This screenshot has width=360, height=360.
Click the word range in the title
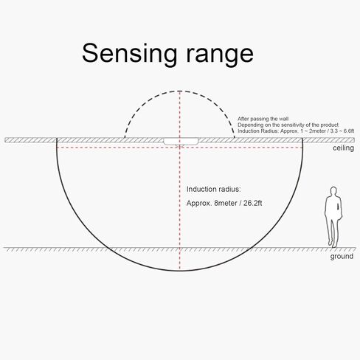pos(220,55)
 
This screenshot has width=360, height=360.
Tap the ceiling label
pos(343,148)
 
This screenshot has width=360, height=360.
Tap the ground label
pos(342,257)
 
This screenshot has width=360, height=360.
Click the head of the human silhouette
pos(333,191)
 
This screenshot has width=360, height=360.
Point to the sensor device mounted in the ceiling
pos(181,142)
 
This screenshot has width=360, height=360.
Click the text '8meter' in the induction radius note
pos(226,204)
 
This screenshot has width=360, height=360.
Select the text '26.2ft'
pos(253,204)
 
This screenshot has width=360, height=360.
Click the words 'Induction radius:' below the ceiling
pos(213,190)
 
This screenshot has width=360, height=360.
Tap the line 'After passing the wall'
pos(263,119)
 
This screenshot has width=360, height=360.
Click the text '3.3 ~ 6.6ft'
pos(342,131)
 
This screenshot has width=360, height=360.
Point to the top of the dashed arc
pos(180,91)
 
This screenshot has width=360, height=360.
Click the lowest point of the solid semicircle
pos(180,271)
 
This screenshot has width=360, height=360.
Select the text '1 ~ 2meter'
pos(313,131)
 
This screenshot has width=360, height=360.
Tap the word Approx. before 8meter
pos(199,204)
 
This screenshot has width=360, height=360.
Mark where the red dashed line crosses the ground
pos(180,248)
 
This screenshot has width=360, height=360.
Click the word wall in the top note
pos(284,119)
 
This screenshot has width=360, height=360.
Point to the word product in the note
pos(330,125)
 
